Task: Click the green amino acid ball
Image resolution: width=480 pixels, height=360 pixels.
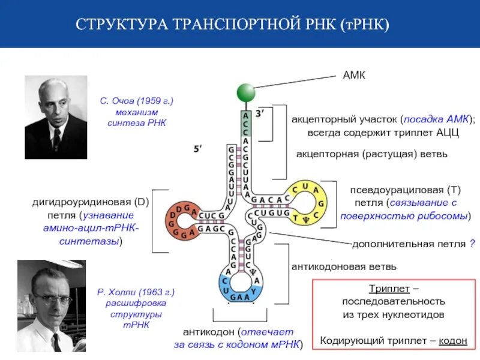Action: [x=245, y=92]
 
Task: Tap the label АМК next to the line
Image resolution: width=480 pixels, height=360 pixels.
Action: [x=354, y=76]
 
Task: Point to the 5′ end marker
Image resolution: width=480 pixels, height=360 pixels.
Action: [x=198, y=148]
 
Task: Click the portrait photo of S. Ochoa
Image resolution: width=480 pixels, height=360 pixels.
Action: [x=56, y=117]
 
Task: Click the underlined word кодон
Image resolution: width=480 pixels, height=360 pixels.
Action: [x=453, y=341]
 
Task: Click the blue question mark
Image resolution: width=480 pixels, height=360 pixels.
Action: [x=472, y=244]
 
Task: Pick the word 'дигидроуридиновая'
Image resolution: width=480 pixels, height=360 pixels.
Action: [x=81, y=202]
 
